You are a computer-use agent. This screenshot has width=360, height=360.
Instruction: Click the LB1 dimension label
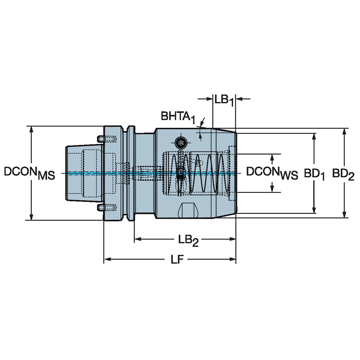tap(224, 100)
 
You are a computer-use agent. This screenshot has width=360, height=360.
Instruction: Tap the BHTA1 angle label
tap(177, 116)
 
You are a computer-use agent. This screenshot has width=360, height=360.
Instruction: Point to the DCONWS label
tap(272, 173)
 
